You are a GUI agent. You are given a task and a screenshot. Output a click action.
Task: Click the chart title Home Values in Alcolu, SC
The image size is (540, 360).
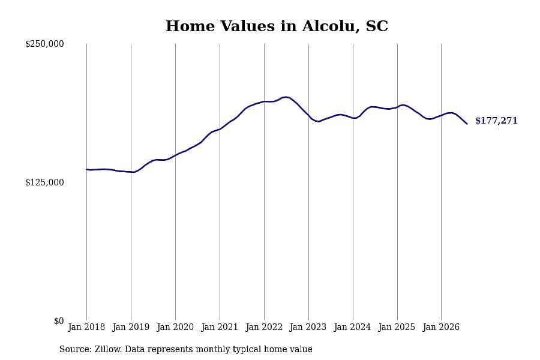pyautogui.click(x=277, y=26)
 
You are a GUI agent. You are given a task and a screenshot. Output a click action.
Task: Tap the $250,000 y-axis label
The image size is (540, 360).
pyautogui.click(x=44, y=44)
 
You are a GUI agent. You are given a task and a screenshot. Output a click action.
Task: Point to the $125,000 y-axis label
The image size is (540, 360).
pyautogui.click(x=44, y=182)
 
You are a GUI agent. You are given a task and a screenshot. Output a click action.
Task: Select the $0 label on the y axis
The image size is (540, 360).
pyautogui.click(x=59, y=321)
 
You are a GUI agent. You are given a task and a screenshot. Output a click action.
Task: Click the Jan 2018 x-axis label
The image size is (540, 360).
pyautogui.click(x=86, y=327)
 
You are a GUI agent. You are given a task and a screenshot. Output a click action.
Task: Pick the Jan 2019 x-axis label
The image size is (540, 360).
pyautogui.click(x=131, y=327)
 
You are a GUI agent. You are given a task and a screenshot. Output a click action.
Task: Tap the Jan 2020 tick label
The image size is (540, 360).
pyautogui.click(x=175, y=327)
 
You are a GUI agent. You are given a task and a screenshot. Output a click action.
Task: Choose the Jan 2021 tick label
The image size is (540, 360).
pyautogui.click(x=220, y=327)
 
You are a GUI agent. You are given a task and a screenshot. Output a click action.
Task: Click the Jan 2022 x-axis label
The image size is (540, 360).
pyautogui.click(x=264, y=327)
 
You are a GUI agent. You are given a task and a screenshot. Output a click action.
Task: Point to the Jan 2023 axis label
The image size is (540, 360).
pyautogui.click(x=308, y=327)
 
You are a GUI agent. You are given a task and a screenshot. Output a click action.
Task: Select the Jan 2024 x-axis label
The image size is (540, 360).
pyautogui.click(x=352, y=327)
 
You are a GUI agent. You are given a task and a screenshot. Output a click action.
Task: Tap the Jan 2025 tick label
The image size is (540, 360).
pyautogui.click(x=397, y=327)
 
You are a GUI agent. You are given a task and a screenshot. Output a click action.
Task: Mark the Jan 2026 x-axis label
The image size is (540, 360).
pyautogui.click(x=441, y=327)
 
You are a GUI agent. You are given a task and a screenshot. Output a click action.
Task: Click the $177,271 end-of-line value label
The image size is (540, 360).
pyautogui.click(x=496, y=121)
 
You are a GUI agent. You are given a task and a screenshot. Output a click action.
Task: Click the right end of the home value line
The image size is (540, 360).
pyautogui.click(x=467, y=124)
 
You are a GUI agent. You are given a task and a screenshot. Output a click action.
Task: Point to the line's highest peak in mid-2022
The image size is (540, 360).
pyautogui.click(x=286, y=97)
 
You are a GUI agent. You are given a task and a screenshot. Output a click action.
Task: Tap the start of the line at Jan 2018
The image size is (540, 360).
pyautogui.click(x=86, y=169)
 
